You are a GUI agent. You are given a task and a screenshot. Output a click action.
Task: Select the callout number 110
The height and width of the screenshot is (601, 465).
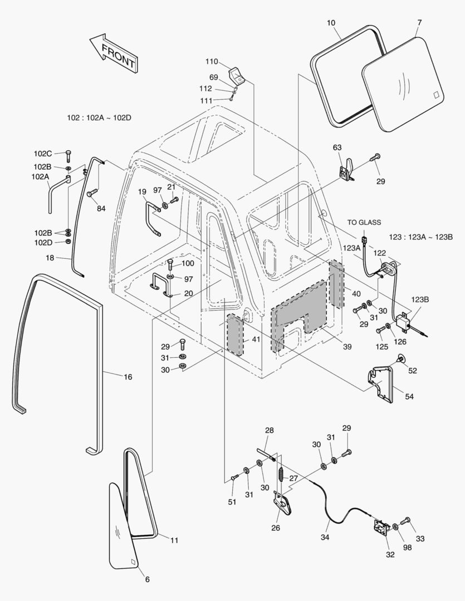[x=212, y=62]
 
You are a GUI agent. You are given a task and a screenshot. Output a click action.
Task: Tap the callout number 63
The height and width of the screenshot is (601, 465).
[x=337, y=147]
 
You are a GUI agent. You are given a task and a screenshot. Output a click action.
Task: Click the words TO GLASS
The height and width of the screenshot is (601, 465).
[x=364, y=223]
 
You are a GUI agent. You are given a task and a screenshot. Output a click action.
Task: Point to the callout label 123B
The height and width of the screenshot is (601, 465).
[x=420, y=299]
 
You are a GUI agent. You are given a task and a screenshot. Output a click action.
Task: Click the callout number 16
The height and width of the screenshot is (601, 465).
[x=128, y=377]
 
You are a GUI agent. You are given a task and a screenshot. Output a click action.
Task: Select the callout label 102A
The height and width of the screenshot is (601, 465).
[x=40, y=176]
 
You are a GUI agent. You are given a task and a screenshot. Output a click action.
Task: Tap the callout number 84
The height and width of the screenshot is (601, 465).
[x=101, y=209]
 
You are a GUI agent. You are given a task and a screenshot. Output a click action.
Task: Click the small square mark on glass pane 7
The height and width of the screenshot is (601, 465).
[x=437, y=95]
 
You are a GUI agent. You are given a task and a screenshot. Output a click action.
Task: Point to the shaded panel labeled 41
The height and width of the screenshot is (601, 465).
[x=234, y=334]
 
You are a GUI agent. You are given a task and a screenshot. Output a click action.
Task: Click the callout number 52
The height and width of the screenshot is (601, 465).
[x=412, y=371]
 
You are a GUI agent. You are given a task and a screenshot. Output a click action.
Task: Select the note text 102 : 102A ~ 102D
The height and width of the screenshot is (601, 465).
[x=99, y=117]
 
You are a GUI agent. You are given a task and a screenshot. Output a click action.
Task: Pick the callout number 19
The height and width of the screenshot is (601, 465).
[x=143, y=192]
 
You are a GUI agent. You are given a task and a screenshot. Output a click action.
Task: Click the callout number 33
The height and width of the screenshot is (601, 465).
[x=420, y=539]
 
